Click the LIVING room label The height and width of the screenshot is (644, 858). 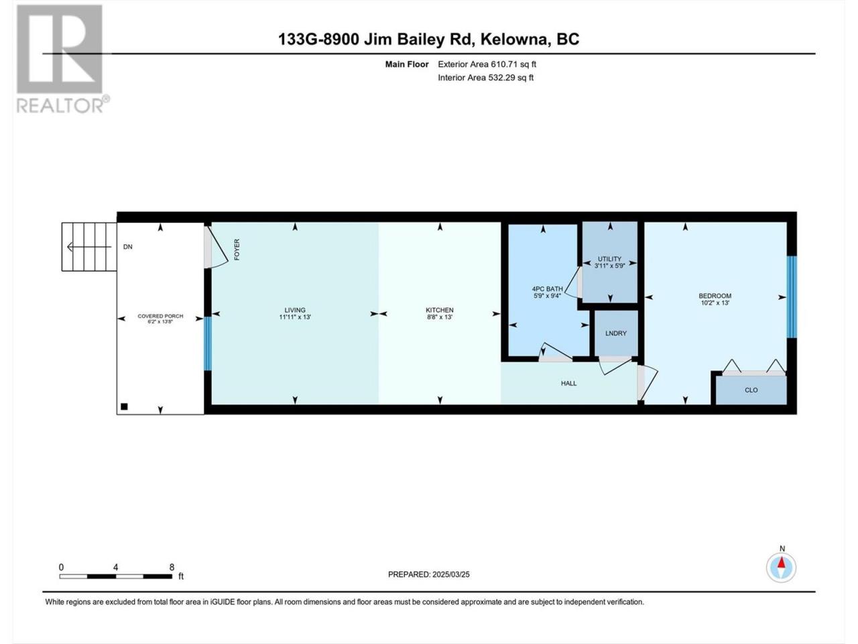click(295, 310)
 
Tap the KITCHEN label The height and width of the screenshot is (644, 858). click(440, 310)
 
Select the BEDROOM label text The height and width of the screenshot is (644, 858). click(715, 296)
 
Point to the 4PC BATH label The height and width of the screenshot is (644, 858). click(547, 289)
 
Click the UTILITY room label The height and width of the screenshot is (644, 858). click(609, 259)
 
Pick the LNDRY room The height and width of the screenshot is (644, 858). click(616, 333)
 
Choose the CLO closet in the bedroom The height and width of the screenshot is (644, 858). click(751, 390)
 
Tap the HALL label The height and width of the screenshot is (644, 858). click(568, 383)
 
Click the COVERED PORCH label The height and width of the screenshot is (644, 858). click(160, 316)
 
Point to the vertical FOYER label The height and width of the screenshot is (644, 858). click(237, 250)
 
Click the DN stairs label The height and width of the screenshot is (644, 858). click(128, 247)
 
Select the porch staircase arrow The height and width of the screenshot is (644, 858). click(89, 247)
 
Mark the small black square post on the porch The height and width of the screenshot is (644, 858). click(124, 407)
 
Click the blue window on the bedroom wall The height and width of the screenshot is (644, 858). click(792, 297)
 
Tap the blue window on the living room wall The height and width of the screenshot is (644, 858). click(208, 343)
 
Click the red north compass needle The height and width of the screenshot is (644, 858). click(782, 563)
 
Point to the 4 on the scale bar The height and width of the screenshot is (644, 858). click(115, 567)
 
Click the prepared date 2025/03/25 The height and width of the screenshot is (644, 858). click(450, 574)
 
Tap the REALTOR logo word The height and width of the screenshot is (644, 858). click(60, 105)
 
